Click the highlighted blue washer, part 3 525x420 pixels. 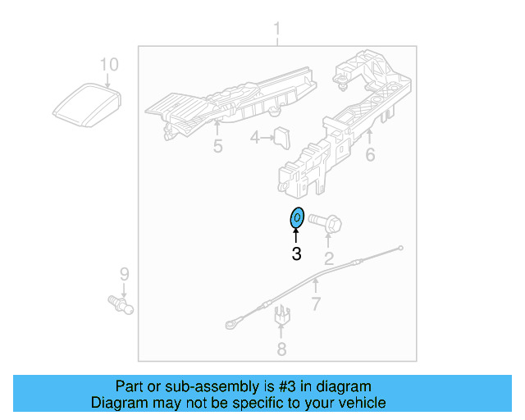click(297, 218)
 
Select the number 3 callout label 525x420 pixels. click(296, 255)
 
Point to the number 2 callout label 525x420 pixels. click(329, 260)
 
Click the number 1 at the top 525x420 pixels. click(276, 30)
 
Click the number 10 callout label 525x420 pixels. click(109, 64)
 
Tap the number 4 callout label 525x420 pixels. click(255, 138)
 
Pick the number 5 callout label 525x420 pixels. click(217, 147)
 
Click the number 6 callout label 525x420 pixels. click(370, 153)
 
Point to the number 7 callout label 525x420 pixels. click(316, 305)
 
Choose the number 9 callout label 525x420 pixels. click(125, 273)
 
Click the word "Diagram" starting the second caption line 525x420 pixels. click(118, 403)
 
